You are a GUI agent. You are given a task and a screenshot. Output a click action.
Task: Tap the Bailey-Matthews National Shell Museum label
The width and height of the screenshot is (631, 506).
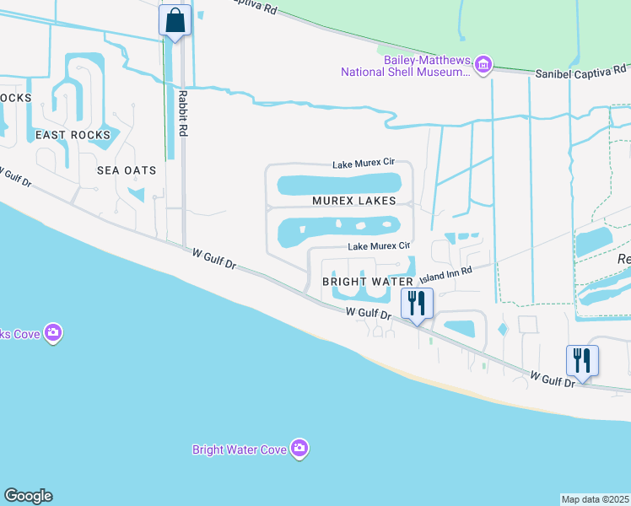(405, 66)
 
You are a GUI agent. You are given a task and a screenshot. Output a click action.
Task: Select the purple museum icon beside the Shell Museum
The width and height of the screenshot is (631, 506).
(483, 65)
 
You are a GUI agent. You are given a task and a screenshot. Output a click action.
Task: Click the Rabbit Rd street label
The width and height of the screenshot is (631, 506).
(182, 115)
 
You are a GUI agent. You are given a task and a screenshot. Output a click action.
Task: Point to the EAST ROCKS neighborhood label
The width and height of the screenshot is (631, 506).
(73, 135)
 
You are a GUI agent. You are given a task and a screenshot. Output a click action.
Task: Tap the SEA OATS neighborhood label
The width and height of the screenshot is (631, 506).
(127, 170)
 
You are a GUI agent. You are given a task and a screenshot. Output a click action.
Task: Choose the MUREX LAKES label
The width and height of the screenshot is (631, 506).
(353, 201)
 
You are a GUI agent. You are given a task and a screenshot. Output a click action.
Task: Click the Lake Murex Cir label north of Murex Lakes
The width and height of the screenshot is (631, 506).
(364, 164)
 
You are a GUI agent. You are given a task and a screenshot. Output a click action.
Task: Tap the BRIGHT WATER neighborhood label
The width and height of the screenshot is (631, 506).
(368, 282)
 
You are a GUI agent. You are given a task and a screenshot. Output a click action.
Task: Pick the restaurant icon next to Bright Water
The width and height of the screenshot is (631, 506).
(417, 302)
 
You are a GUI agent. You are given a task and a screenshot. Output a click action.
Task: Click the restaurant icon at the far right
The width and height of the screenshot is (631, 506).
(582, 359)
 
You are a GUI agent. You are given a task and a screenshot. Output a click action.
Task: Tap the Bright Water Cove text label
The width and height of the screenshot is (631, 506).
(240, 449)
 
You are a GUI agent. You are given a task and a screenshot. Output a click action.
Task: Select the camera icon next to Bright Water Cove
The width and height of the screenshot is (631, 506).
(299, 449)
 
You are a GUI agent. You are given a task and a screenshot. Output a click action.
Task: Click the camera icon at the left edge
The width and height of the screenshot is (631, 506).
(53, 333)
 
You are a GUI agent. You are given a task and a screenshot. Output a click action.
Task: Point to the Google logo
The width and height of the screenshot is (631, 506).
(28, 496)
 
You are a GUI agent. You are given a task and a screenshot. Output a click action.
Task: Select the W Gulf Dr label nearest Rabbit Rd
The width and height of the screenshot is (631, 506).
(213, 257)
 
